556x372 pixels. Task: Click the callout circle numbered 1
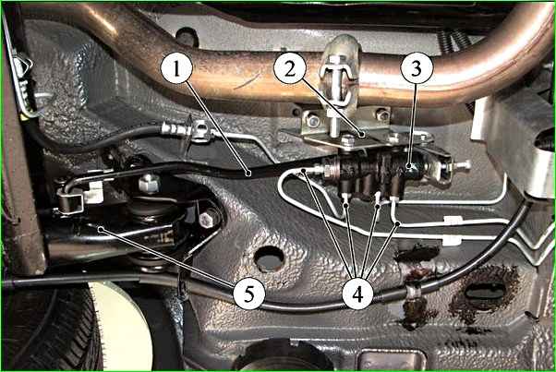pos(176,67)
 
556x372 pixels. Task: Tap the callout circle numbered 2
pos(290,68)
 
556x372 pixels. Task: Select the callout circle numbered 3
pos(417,67)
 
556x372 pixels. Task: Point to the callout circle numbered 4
pos(357,294)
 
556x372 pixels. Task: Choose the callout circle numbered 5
pos(249,294)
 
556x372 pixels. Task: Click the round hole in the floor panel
pos(269,258)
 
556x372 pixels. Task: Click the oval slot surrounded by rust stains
pos(485,291)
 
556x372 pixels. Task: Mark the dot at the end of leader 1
pos(249,174)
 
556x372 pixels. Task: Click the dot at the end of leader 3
pos(409,165)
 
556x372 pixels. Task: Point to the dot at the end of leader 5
pos(101,229)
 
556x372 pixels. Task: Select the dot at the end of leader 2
pos(360,135)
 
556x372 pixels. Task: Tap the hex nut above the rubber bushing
pos(149,183)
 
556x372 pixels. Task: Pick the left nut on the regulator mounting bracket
pos(313,120)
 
